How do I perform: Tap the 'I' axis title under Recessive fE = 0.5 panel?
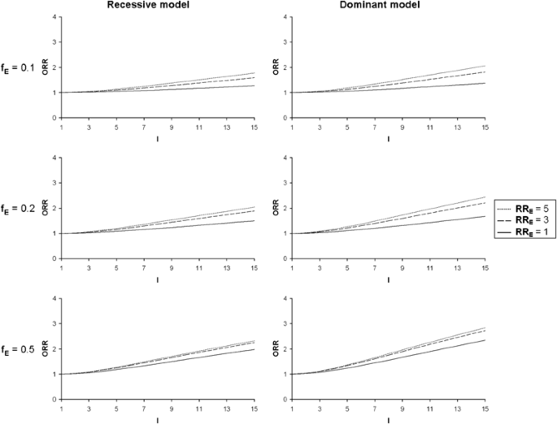159,420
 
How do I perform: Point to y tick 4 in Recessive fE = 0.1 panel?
54,17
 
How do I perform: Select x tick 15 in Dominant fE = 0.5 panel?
485,408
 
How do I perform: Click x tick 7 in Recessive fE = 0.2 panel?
145,267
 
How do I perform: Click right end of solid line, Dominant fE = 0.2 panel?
485,216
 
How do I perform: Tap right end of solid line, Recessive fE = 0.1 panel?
255,85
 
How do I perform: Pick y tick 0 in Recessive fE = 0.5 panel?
54,400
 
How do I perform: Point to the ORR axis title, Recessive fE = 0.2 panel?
45,209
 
